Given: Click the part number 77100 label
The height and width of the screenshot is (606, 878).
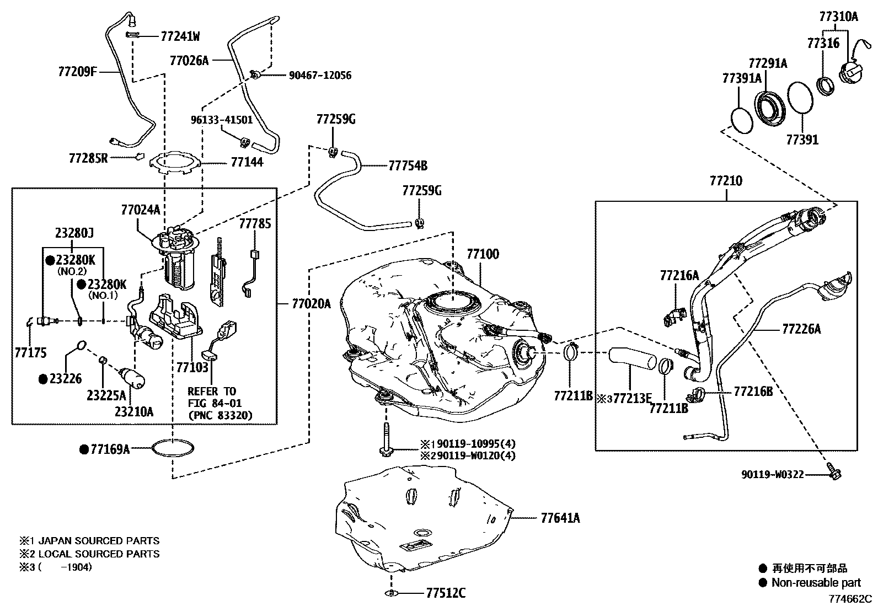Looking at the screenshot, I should point(483,254).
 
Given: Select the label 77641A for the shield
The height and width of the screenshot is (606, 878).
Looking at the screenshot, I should point(560,518).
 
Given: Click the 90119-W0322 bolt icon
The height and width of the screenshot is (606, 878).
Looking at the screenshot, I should point(834,473).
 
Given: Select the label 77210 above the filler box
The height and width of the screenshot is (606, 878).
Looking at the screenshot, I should point(725,180).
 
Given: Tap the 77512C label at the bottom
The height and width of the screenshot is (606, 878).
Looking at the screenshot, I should point(445,593).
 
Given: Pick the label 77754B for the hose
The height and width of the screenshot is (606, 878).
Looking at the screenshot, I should point(408,165).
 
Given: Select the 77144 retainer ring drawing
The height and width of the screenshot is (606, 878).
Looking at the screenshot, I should point(174,163).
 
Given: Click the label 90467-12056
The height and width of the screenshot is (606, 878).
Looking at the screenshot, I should point(320,76).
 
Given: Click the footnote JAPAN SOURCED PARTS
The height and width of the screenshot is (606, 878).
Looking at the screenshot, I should point(97,541).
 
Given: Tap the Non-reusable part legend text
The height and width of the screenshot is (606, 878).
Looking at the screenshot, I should point(816,582).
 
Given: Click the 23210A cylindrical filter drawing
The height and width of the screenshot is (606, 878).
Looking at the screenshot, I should point(133,379).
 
